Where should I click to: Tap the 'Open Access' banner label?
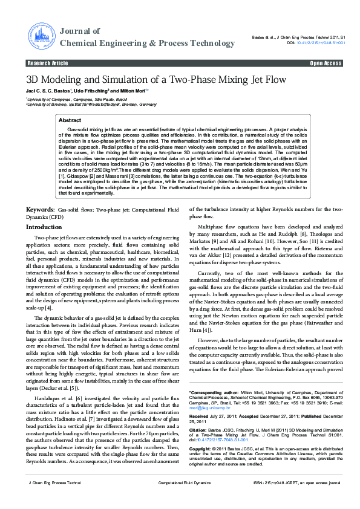[x=326, y=63]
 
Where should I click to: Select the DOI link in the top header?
[x=321, y=43]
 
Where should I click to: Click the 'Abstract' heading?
[x=70, y=120]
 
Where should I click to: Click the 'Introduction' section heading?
[x=44, y=227]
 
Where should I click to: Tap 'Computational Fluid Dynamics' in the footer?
[x=184, y=500]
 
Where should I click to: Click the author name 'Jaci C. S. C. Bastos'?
[x=49, y=91]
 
